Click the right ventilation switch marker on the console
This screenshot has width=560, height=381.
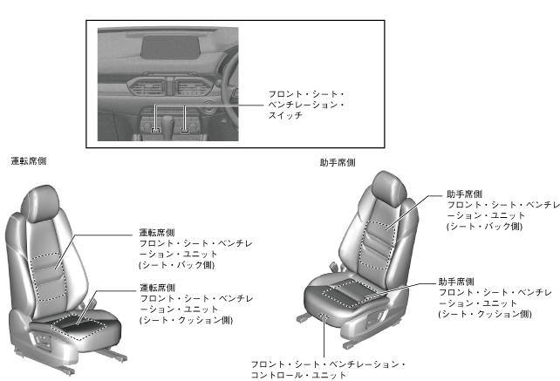[x=185, y=131]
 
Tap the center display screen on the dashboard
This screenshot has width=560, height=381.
[x=169, y=46]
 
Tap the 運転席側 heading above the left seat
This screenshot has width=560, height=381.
[x=29, y=160]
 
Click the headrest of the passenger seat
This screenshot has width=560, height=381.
[x=387, y=188]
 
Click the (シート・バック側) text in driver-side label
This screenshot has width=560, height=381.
[x=176, y=264]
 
